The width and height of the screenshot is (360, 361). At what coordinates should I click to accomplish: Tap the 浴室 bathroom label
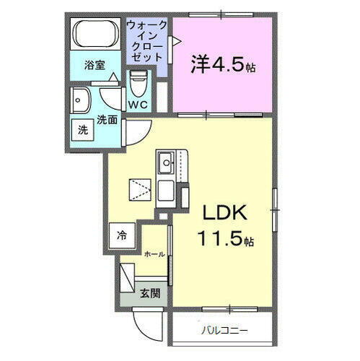pos(94,65)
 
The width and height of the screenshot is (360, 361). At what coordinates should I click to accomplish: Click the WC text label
pos(138,105)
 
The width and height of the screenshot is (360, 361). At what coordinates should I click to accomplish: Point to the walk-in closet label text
pos(147,40)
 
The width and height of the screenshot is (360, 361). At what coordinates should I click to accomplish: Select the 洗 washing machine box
pos(83,131)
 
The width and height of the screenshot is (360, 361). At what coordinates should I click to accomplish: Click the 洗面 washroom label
pos(107,119)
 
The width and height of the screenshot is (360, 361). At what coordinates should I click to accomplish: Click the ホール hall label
pos(154,255)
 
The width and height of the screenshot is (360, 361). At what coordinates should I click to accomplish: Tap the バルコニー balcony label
pos(224,331)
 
